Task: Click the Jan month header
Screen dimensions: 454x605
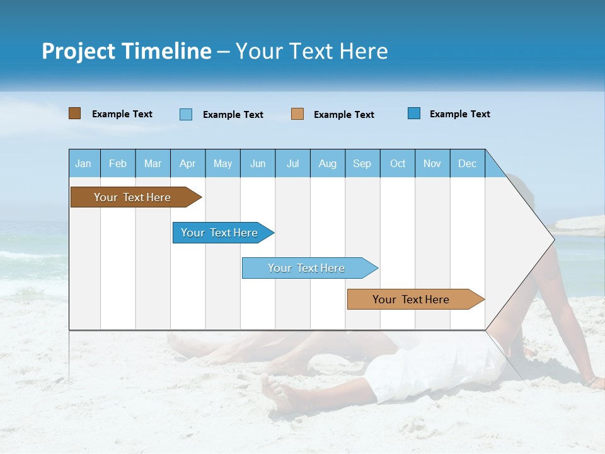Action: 83,163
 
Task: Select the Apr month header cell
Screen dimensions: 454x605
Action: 188,163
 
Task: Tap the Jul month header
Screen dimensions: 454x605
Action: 292,163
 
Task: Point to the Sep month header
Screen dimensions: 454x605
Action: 362,163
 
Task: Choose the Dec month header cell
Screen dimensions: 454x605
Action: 467,163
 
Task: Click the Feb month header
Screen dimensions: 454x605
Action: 118,163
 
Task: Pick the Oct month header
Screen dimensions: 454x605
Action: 398,163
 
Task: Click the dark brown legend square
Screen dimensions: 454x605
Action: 75,113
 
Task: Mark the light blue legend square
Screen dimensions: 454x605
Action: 186,114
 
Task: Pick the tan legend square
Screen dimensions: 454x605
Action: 297,114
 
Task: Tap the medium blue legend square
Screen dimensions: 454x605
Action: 414,113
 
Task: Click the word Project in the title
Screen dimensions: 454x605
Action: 79,51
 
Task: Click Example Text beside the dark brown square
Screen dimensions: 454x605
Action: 122,114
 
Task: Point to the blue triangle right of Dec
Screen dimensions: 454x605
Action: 493,166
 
